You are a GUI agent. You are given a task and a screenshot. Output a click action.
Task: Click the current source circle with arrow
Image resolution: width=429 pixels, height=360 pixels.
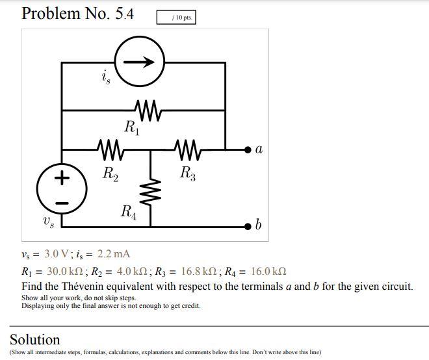point(140,62)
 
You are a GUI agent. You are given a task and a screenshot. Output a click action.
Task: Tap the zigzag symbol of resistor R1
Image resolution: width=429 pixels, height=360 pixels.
point(148,110)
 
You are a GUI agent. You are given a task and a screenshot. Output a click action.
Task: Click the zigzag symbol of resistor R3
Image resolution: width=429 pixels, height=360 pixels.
point(187,150)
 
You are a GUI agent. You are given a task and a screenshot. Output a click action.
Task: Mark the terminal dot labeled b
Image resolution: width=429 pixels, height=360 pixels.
point(248,226)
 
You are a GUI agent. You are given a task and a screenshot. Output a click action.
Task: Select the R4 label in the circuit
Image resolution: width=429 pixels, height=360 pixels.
point(129,212)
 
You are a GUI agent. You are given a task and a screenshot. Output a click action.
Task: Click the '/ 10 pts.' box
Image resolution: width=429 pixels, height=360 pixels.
point(175,18)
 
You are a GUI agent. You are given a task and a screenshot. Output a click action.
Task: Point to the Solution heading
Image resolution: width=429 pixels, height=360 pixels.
point(34,339)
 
